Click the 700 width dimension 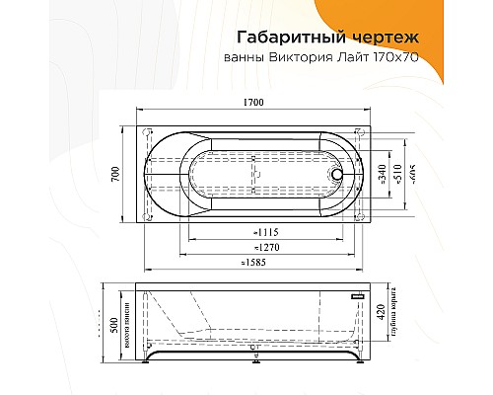pyautogui.click(x=115, y=175)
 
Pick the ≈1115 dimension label pyautogui.click(x=255, y=232)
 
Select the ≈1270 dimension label pyautogui.click(x=255, y=248)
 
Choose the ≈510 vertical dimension pyautogui.click(x=397, y=175)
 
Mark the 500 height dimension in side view pyautogui.click(x=114, y=325)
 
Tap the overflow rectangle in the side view pyautogui.click(x=357, y=295)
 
